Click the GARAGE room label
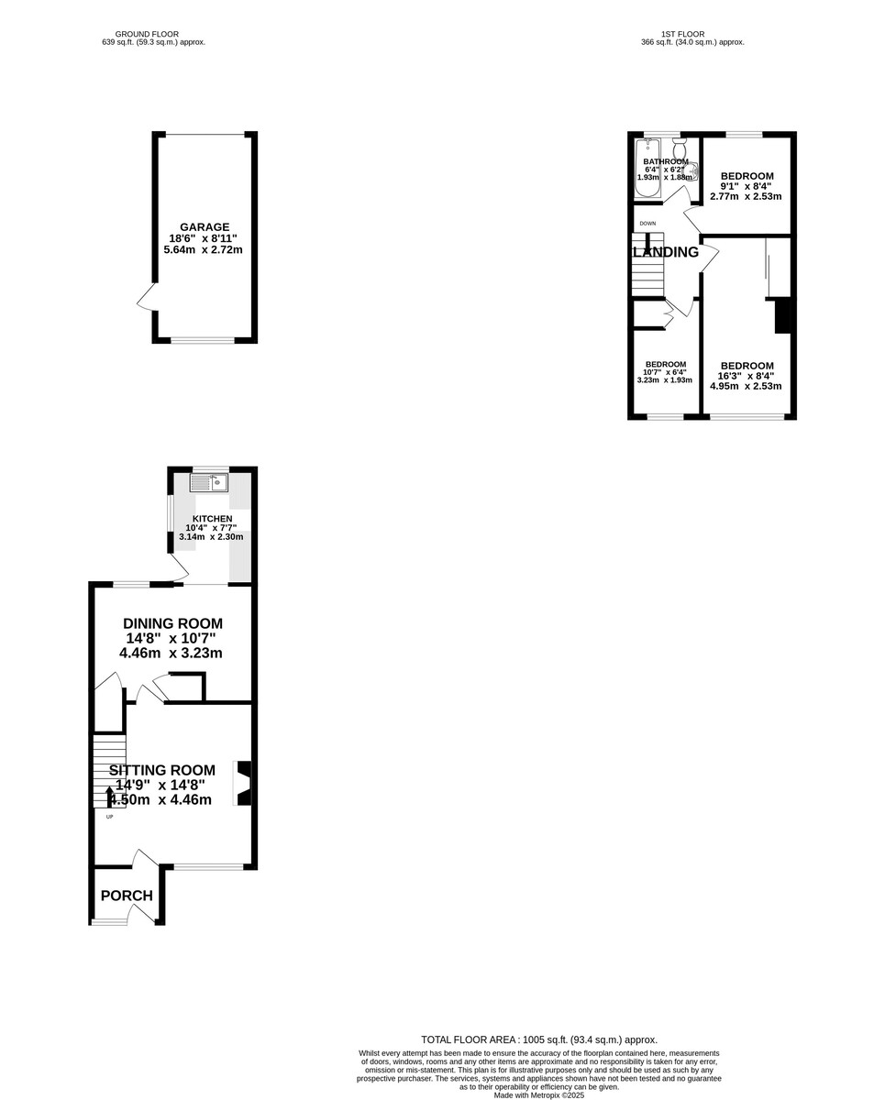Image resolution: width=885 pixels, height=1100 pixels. click(x=205, y=227)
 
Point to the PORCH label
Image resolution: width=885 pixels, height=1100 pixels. click(x=127, y=896)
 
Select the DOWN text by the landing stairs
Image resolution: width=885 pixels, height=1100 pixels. click(x=647, y=223)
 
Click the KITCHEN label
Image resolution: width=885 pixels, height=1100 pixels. click(x=212, y=519)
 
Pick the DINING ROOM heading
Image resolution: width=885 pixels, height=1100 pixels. click(x=172, y=623)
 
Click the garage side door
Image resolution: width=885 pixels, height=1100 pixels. click(x=145, y=298)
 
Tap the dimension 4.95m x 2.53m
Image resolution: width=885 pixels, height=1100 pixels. click(x=746, y=387)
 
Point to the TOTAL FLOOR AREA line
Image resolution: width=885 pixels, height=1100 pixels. click(x=539, y=1039)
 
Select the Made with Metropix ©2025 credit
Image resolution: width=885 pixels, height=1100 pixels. click(x=539, y=1094)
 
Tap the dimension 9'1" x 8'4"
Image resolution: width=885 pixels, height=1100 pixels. click(x=746, y=186)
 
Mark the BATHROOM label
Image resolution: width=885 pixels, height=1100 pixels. click(x=665, y=161)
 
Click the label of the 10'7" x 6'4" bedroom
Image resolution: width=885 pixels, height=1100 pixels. click(x=665, y=364)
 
